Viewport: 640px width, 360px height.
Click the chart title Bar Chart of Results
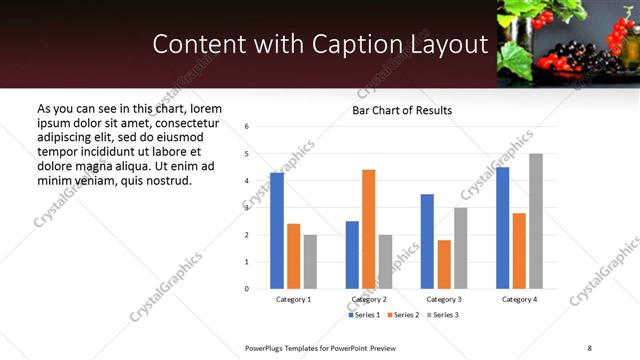(x=401, y=110)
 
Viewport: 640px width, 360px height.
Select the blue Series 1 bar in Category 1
(x=277, y=231)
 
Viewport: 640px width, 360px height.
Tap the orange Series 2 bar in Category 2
(x=368, y=229)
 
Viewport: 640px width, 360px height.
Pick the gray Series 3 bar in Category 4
(x=536, y=221)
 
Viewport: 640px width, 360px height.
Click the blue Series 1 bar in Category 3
(x=427, y=241)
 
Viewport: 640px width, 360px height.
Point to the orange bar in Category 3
(x=444, y=264)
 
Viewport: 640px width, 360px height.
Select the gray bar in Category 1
(x=311, y=262)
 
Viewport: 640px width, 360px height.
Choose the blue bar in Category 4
(x=502, y=228)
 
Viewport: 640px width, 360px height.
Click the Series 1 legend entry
(x=364, y=316)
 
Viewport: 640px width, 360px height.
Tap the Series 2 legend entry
(x=403, y=316)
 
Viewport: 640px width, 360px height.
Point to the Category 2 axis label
(x=368, y=299)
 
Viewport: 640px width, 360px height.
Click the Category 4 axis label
(x=519, y=299)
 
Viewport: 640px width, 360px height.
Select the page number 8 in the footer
(x=590, y=346)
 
